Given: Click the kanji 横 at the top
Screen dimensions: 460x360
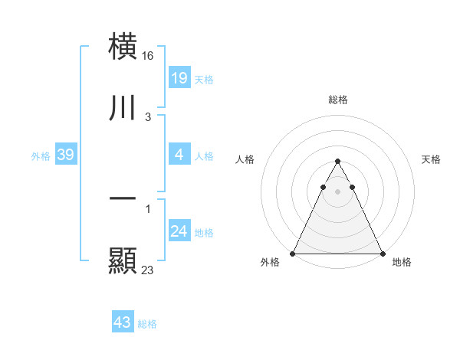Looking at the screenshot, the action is (x=123, y=46).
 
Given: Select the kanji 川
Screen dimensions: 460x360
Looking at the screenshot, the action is (x=123, y=107).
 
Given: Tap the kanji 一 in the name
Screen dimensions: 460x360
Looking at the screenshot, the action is (x=123, y=199).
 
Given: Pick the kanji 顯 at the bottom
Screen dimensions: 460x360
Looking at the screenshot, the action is (x=123, y=260).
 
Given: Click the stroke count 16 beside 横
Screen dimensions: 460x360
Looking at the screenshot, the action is (x=149, y=56).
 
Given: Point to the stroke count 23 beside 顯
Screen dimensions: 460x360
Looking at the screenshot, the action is (x=148, y=270).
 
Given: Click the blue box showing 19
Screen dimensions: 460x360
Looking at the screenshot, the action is (x=179, y=78).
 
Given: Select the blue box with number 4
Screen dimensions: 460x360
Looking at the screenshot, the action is (x=179, y=155).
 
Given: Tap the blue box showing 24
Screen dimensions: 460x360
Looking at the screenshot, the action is (x=179, y=232).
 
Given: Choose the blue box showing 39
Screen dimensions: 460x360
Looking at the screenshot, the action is (x=65, y=155).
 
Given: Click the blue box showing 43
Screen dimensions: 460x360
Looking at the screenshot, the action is (x=123, y=322).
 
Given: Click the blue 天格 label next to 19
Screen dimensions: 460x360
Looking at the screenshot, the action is (x=204, y=79).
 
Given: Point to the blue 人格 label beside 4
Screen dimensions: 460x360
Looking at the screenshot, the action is (x=204, y=156).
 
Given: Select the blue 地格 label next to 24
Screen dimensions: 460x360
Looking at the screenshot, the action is (x=204, y=233).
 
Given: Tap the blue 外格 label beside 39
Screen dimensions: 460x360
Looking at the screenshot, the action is (x=41, y=156).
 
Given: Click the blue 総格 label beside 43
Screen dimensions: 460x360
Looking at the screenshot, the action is (x=147, y=324).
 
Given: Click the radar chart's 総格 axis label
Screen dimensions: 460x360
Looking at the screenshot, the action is (x=337, y=100).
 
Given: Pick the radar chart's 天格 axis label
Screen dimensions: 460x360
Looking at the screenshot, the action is (x=431, y=159).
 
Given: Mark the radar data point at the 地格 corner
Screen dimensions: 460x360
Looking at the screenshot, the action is (x=382, y=253).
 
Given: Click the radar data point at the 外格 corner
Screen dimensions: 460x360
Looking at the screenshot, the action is (x=293, y=253).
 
